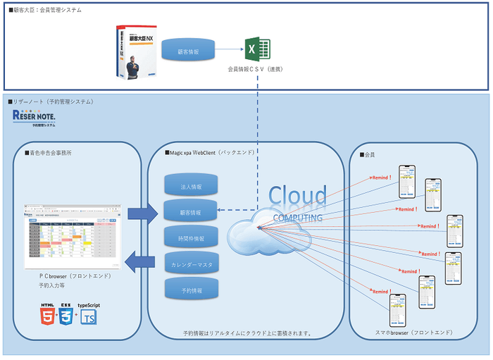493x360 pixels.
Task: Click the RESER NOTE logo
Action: point(35,118)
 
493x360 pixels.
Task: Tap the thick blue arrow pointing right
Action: point(141,213)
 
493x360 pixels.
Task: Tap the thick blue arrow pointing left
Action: point(140,263)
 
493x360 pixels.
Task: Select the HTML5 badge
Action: point(48,313)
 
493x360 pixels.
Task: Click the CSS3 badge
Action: point(66,313)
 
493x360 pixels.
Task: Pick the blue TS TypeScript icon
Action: point(89,317)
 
